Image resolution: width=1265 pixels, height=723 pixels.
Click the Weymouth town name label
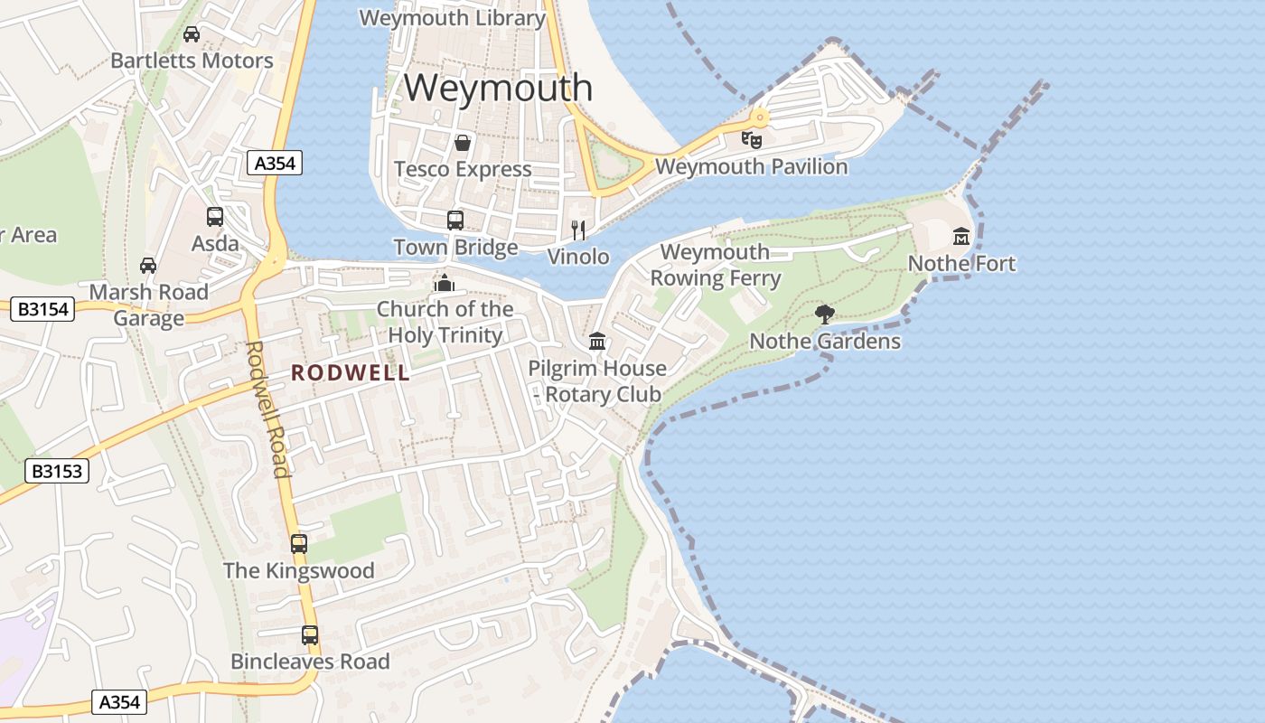pyautogui.click(x=498, y=88)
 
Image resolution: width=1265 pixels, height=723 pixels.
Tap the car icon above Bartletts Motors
pyautogui.click(x=192, y=34)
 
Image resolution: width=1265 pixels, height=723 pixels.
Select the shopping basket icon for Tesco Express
pyautogui.click(x=463, y=143)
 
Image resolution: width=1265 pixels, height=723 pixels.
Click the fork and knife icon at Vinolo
pyautogui.click(x=578, y=230)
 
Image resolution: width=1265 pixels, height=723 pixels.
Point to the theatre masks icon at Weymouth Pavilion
pyautogui.click(x=751, y=139)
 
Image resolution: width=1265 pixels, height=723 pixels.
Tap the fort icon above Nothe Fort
pyautogui.click(x=961, y=237)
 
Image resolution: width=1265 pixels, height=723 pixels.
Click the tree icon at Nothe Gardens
pyautogui.click(x=824, y=315)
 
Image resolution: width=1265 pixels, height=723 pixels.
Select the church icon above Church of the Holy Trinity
pyautogui.click(x=444, y=283)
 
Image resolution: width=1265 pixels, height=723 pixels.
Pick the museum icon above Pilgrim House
pyautogui.click(x=596, y=342)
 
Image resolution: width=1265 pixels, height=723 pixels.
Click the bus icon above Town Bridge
pyautogui.click(x=455, y=221)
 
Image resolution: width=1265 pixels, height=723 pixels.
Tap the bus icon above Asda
pyautogui.click(x=215, y=217)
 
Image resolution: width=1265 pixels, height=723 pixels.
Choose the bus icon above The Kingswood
pyautogui.click(x=299, y=544)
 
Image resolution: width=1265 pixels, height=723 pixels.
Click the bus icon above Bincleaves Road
pyautogui.click(x=310, y=635)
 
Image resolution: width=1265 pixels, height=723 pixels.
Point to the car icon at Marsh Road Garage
pyautogui.click(x=148, y=266)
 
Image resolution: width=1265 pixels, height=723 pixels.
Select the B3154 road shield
pyautogui.click(x=43, y=309)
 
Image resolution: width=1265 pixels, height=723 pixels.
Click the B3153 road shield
pyautogui.click(x=57, y=470)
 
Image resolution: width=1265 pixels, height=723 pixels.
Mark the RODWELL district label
pyautogui.click(x=351, y=373)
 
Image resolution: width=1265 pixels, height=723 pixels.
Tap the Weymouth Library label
pyautogui.click(x=453, y=18)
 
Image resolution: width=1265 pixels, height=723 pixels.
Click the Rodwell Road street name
pyautogui.click(x=268, y=408)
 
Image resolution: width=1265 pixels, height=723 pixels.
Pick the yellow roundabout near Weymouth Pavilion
pyautogui.click(x=760, y=117)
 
